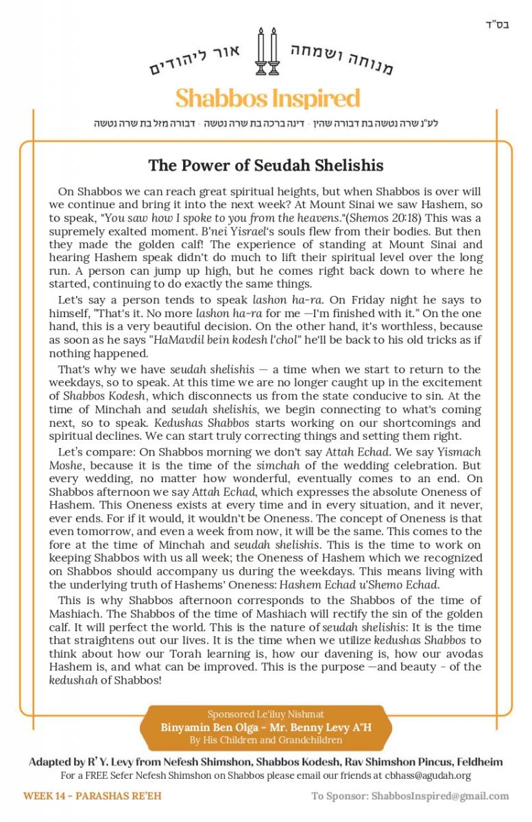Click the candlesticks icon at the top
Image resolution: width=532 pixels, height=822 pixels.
[267, 51]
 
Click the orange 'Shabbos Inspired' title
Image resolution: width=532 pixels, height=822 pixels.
[267, 98]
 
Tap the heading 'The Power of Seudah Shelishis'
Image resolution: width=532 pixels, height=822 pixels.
[266, 165]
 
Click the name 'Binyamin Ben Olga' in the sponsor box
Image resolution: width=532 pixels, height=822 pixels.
[206, 727]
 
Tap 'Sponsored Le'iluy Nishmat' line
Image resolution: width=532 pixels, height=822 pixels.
[266, 714]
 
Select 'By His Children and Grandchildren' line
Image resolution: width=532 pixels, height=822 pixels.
[266, 739]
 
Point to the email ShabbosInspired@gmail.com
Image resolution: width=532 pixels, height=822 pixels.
[440, 796]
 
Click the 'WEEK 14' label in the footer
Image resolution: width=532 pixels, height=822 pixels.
[45, 796]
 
